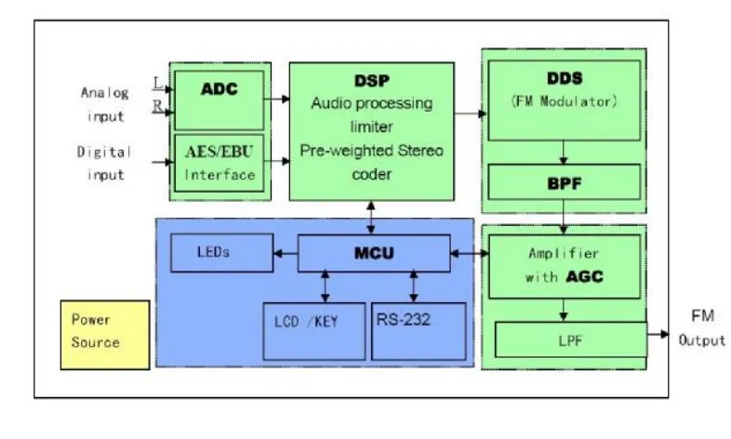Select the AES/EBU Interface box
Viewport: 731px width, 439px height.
click(219, 163)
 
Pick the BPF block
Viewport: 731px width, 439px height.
click(565, 182)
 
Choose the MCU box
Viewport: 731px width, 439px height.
click(372, 252)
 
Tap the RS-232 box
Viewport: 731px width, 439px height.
click(418, 322)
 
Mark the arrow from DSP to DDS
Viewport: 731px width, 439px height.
click(471, 114)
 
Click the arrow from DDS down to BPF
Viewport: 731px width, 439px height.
click(565, 152)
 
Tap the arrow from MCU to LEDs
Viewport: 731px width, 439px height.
click(285, 252)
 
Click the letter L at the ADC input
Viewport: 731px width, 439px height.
click(156, 84)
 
